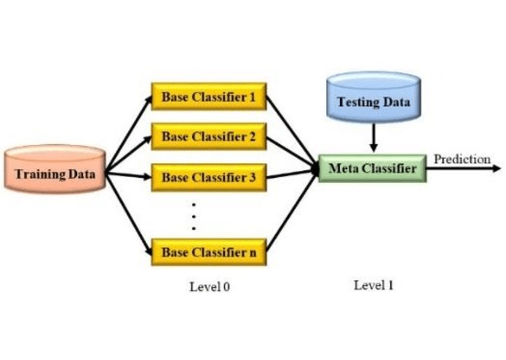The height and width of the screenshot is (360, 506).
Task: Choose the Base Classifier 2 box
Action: [x=208, y=137]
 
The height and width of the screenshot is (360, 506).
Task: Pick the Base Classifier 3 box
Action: [x=208, y=177]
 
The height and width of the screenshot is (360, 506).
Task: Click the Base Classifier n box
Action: [x=208, y=252]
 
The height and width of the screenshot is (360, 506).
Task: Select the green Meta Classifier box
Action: [x=372, y=168]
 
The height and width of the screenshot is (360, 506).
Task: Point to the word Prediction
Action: [x=462, y=159]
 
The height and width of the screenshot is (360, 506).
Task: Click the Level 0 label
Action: [x=210, y=287]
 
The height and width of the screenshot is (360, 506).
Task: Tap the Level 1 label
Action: [x=373, y=285]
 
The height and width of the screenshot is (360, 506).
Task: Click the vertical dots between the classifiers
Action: [x=194, y=216]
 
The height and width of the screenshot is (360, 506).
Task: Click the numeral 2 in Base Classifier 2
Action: [x=251, y=137]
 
